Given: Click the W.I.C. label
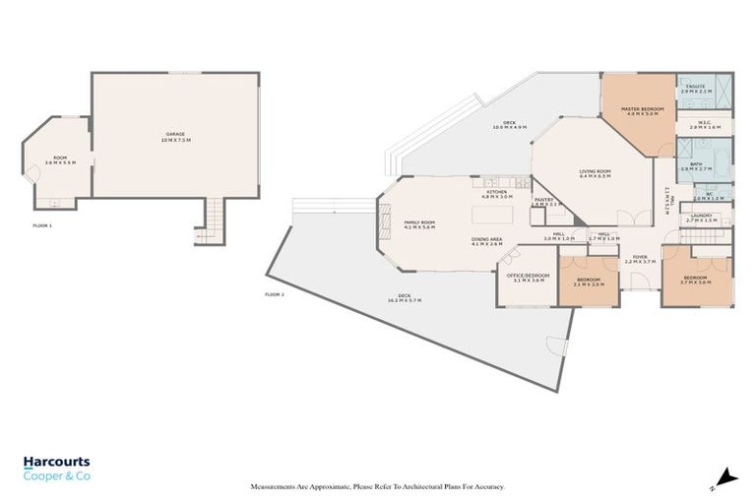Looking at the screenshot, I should point(705,125).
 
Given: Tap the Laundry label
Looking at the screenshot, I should point(701,217).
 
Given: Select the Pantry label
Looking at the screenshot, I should point(544,202).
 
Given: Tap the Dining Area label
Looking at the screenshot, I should point(486,241).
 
